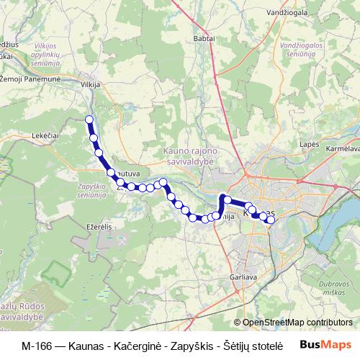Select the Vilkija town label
[x=89, y=84]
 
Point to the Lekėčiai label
[x=45, y=134]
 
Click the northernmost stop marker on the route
[x=89, y=120]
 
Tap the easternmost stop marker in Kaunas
[x=271, y=220]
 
